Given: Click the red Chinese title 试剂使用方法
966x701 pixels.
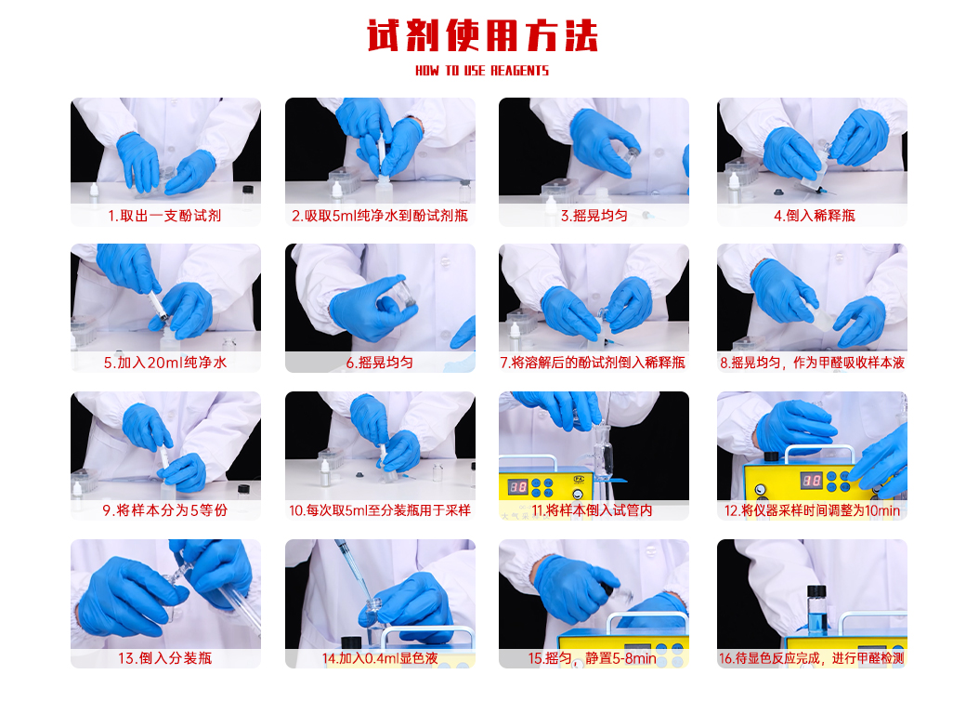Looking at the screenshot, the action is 482,35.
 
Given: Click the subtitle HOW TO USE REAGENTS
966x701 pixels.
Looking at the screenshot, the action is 482,71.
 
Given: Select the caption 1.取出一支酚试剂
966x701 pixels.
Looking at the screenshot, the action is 164,216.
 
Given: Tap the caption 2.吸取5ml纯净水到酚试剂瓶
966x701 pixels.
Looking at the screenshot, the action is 380,216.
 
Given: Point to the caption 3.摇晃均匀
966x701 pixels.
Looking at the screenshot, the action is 594,216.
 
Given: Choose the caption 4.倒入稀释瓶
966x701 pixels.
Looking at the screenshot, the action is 815,216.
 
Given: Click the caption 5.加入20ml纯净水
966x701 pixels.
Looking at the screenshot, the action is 165,363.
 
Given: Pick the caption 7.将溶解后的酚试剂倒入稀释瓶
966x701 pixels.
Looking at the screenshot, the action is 593,363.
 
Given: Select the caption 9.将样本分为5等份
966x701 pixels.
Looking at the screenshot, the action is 165,510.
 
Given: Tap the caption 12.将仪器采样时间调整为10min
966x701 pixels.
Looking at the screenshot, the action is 812,510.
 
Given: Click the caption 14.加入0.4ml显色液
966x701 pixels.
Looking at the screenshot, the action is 380,658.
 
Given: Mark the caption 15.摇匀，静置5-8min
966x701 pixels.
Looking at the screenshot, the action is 592,658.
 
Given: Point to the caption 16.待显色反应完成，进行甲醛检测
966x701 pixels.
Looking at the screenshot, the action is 812,658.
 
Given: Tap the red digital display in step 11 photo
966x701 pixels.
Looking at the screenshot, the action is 517,487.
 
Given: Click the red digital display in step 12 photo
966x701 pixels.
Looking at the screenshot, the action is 812,481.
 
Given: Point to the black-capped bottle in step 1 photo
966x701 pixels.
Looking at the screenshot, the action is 248,193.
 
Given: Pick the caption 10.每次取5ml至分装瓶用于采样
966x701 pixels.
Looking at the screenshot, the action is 380,510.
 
